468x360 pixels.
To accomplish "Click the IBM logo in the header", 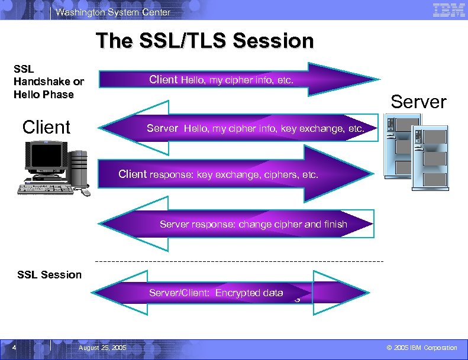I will pyautogui.click(x=448, y=9).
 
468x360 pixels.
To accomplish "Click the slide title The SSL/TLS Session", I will pyautogui.click(x=205, y=41).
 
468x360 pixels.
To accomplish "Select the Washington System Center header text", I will pyautogui.click(x=113, y=12).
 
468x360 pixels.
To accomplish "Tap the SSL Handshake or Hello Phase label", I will pyautogui.click(x=49, y=82).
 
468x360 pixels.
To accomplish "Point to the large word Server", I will pyautogui.click(x=418, y=102).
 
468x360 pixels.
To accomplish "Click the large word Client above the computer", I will pyautogui.click(x=46, y=127).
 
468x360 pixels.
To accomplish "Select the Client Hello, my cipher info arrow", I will pyautogui.click(x=237, y=79).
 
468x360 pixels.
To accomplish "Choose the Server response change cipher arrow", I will pyautogui.click(x=237, y=224).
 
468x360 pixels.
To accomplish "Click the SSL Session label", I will pyautogui.click(x=50, y=274).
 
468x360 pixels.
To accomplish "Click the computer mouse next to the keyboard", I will pyautogui.click(x=86, y=192).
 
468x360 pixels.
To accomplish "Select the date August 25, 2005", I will pyautogui.click(x=102, y=348).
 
